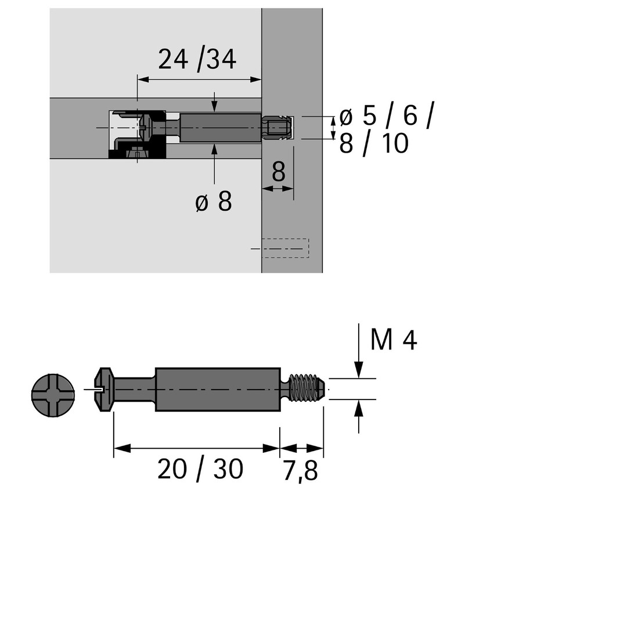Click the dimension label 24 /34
[197, 60]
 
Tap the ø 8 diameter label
[214, 201]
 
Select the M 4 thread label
[394, 340]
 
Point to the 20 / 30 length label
[200, 469]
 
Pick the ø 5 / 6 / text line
[387, 116]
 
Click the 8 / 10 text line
[374, 143]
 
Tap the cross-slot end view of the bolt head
[53, 395]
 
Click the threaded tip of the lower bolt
[307, 387]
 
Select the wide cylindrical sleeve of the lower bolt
[218, 389]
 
